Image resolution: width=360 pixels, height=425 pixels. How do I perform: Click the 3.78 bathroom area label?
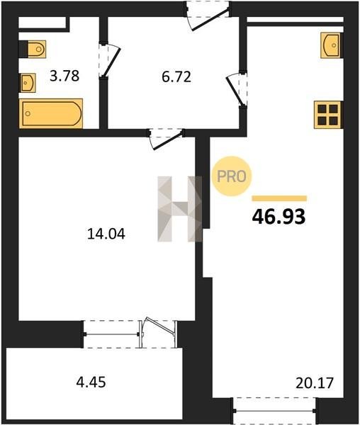[x=64, y=76]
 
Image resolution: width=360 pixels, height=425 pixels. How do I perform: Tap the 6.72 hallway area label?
[x=176, y=76]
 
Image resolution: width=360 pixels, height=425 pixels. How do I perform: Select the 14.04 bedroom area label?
[x=106, y=234]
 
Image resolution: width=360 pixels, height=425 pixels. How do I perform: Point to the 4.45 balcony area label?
[x=91, y=382]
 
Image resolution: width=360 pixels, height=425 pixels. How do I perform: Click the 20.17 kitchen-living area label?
[x=314, y=383]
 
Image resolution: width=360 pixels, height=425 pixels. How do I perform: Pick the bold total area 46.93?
[x=279, y=217]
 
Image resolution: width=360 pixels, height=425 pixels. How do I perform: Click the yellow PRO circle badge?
[x=232, y=176]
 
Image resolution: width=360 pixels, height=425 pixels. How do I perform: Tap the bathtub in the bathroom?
[x=51, y=113]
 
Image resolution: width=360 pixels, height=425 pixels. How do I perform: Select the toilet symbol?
[x=33, y=50]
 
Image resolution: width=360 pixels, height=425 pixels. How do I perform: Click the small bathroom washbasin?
[x=27, y=83]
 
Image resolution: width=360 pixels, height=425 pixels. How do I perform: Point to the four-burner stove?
[x=329, y=115]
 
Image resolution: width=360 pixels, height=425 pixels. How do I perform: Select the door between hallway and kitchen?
[x=237, y=89]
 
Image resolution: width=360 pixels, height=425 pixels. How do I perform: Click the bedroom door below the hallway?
[x=166, y=138]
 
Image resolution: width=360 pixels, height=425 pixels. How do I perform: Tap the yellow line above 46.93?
[x=279, y=198]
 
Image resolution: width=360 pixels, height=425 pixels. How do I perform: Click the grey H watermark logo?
[x=180, y=209]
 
